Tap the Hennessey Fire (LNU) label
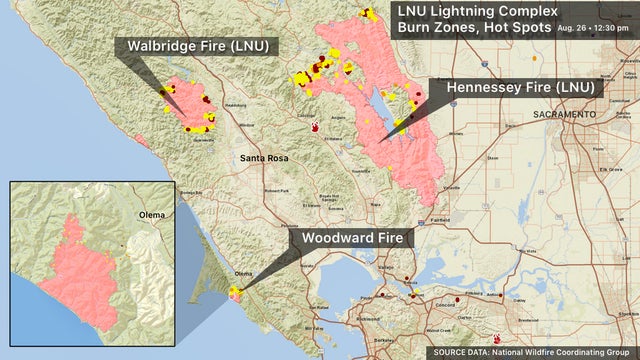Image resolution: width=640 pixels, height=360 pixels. pyautogui.click(x=520, y=88)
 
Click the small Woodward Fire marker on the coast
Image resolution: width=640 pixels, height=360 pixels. pyautogui.click(x=236, y=293)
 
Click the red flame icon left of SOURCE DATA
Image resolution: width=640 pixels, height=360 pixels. pyautogui.click(x=498, y=338)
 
